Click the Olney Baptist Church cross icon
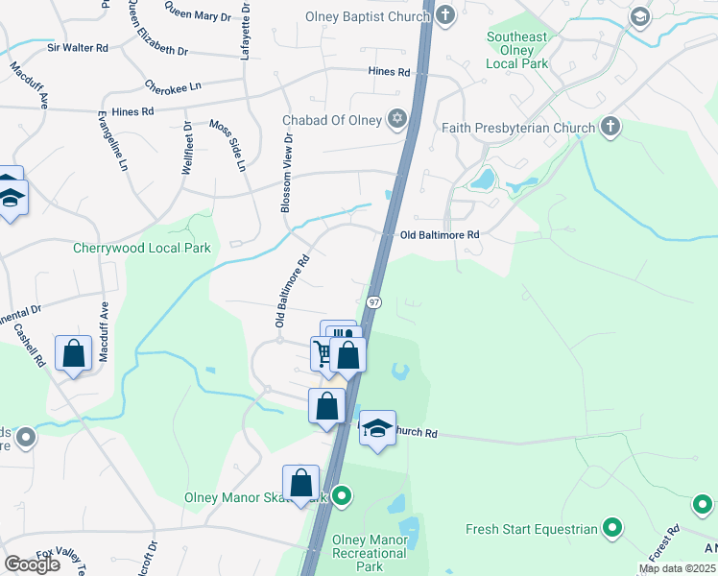[x=445, y=15]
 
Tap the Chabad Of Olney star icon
[x=396, y=120]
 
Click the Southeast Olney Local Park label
[x=516, y=50]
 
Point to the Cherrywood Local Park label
[x=141, y=248]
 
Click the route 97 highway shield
[x=374, y=301]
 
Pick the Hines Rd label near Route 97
[x=390, y=72]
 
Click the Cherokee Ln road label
[x=173, y=86]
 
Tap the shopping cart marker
[x=324, y=354]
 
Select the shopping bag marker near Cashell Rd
[x=74, y=353]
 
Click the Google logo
[x=32, y=564]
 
